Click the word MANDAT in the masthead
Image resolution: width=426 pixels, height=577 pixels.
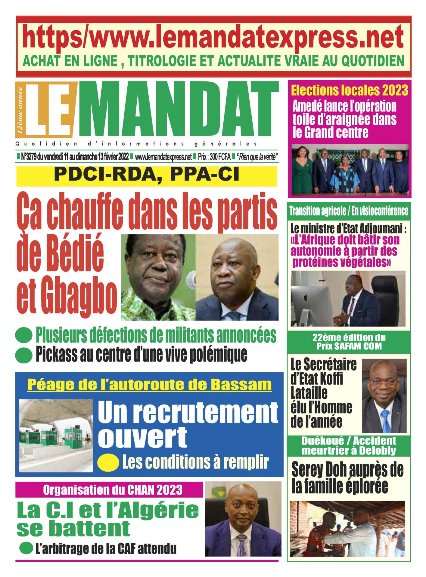pyautogui.click(x=178, y=110)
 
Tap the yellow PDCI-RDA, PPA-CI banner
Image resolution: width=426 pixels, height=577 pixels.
pyautogui.click(x=146, y=175)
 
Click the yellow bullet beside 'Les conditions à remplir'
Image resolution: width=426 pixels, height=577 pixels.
pyautogui.click(x=108, y=462)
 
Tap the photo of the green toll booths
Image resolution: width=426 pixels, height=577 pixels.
pyautogui.click(x=56, y=435)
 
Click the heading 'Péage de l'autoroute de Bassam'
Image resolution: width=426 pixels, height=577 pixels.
pyautogui.click(x=149, y=385)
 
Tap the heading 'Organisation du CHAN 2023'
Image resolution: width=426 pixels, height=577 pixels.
pyautogui.click(x=113, y=490)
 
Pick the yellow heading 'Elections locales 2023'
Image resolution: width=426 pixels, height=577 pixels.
pyautogui.click(x=349, y=90)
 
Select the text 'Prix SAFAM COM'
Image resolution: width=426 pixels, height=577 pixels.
pyautogui.click(x=349, y=346)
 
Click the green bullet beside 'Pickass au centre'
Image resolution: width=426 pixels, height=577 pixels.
pyautogui.click(x=24, y=355)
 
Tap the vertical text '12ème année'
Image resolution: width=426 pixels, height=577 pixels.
pyautogui.click(x=20, y=110)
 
